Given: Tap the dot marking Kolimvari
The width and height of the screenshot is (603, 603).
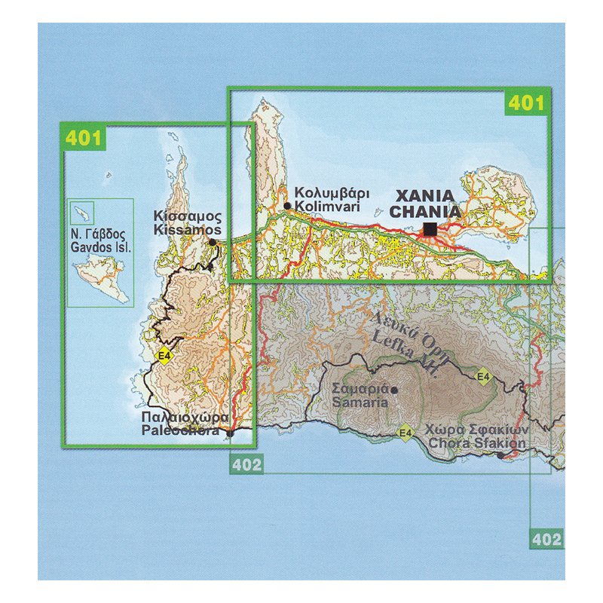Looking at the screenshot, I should pos(287,205).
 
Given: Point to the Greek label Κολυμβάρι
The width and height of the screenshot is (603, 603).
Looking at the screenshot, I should pos(326,192).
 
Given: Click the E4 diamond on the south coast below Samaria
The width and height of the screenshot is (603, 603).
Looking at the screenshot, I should pos(406,433).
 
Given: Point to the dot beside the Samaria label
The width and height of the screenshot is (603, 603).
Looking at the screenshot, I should pos(393,390).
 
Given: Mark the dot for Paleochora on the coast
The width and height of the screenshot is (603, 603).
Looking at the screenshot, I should pos(230,433).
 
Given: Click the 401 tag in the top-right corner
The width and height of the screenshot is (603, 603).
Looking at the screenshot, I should pos(525,103).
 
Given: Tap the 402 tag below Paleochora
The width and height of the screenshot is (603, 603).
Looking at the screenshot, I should pos(246,464).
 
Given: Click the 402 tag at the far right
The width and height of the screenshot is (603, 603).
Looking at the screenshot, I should pos(546,539).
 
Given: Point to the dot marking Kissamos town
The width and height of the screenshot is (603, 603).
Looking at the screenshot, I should pos(213,243).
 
